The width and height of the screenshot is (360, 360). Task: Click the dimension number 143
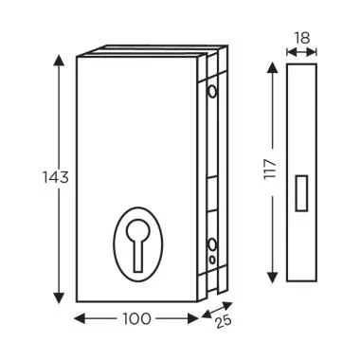tap(55, 177)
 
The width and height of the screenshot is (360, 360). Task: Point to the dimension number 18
tap(302, 38)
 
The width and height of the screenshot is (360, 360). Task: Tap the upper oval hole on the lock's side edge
tap(210, 92)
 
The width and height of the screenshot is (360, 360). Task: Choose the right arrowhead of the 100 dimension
tap(194, 319)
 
